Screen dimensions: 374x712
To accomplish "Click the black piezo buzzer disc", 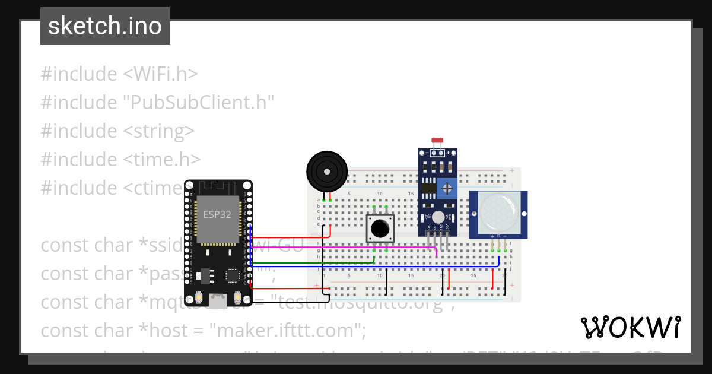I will click(x=326, y=171).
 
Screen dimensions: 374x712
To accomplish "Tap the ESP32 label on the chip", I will click(x=217, y=214).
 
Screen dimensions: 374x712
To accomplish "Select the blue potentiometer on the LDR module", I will click(x=447, y=189).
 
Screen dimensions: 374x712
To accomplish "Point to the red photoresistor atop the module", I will click(x=438, y=141).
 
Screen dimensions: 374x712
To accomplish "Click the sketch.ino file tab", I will click(x=105, y=26).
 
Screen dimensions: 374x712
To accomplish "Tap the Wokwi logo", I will click(x=630, y=327).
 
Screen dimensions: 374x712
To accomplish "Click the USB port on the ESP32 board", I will click(x=219, y=302).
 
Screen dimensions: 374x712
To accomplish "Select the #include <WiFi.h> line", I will click(x=119, y=74).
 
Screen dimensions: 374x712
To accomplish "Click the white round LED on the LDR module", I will click(x=438, y=217).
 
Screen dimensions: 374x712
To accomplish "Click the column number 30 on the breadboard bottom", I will click(x=504, y=276).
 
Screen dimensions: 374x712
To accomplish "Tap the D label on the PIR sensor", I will click(x=499, y=236).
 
